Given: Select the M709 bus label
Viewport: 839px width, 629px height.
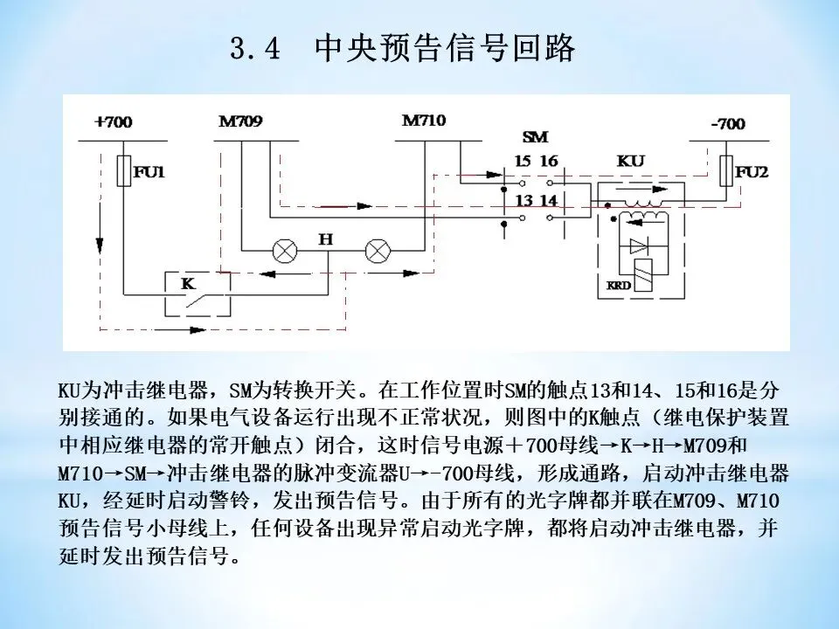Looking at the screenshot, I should point(239,121).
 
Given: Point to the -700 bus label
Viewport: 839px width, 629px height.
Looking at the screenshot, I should point(727,124).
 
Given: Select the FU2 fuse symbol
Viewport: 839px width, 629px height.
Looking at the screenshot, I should point(725,171).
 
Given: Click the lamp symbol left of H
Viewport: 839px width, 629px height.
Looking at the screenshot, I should point(283,251).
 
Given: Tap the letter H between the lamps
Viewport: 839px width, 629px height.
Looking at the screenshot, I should point(325,238).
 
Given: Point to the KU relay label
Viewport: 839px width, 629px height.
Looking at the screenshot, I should point(630,162).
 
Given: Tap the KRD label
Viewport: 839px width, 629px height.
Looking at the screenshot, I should point(618,286).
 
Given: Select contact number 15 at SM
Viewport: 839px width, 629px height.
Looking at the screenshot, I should point(522,162).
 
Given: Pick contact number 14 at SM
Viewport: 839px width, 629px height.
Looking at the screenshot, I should point(548,201).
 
